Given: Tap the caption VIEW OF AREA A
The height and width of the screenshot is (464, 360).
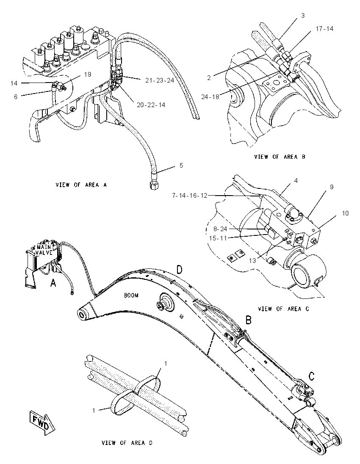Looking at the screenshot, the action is (81, 185).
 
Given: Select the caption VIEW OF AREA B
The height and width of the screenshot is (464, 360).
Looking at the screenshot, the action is (280, 157).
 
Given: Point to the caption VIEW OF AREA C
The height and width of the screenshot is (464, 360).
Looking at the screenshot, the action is (283, 309).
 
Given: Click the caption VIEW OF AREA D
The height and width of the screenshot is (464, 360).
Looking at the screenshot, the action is (127, 443).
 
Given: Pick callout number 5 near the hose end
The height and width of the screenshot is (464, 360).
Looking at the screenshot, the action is (181, 166).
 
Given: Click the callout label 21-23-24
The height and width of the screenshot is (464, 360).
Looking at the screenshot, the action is (159, 80).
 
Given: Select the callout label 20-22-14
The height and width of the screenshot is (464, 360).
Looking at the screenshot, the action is (151, 105).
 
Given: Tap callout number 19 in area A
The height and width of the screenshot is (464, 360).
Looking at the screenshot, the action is (88, 75).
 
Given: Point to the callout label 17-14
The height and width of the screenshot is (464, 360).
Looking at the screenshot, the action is (324, 29).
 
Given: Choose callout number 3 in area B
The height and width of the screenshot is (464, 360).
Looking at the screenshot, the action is (303, 15).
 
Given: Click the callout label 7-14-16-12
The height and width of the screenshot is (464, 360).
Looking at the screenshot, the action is (189, 195).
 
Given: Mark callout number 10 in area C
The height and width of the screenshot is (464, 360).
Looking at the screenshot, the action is (345, 213).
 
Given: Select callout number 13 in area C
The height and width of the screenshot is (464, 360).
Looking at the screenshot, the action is (252, 261).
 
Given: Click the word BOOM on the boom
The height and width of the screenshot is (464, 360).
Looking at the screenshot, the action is (131, 296).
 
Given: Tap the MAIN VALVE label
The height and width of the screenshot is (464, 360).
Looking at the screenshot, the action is (44, 249).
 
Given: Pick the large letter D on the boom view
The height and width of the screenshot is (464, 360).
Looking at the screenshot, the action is (180, 270).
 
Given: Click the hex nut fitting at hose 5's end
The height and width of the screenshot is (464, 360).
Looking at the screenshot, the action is (153, 185).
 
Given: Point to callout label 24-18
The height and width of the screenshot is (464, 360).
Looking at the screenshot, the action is (210, 97).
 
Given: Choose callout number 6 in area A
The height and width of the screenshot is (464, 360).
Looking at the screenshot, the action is (16, 97).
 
